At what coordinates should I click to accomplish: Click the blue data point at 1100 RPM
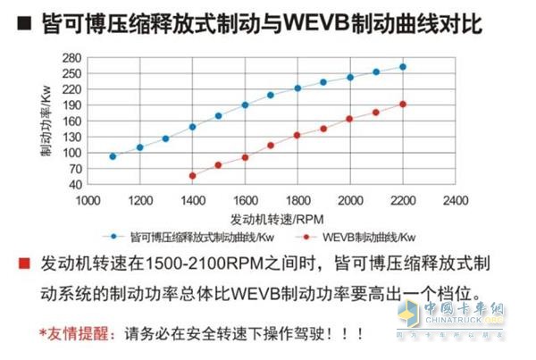[x=113, y=156]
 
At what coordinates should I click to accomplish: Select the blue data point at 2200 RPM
[x=403, y=67]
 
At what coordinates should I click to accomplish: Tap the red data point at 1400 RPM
[x=192, y=176]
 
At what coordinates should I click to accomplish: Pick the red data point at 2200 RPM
[x=403, y=104]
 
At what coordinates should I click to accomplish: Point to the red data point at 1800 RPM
[x=297, y=135]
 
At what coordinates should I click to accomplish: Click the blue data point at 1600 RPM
[x=245, y=105]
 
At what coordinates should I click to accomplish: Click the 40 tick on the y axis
[x=72, y=184]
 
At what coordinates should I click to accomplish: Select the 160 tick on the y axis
[x=71, y=121]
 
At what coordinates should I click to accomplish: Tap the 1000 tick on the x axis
[x=87, y=199]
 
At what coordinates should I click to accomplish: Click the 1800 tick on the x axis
[x=297, y=199]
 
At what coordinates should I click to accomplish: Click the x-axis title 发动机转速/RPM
[x=267, y=217]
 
